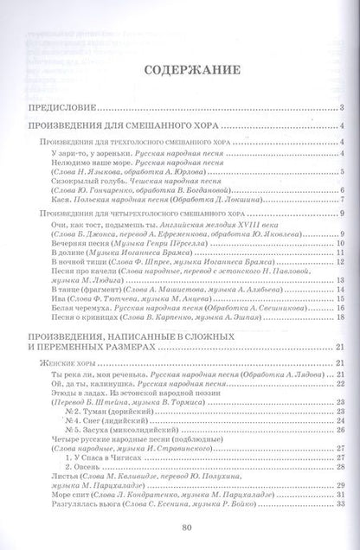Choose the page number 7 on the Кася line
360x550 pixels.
coord(343,197)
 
